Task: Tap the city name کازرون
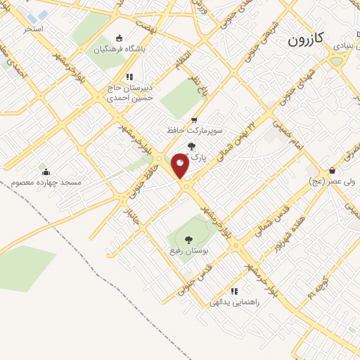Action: (x=305, y=40)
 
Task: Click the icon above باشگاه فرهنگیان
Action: (x=118, y=39)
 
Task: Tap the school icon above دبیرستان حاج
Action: (x=129, y=77)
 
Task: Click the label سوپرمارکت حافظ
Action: (x=194, y=131)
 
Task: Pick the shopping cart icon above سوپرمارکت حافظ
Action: (x=194, y=120)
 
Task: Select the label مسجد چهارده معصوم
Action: (x=46, y=183)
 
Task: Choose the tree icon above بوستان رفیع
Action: (x=187, y=240)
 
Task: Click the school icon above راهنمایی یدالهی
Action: (x=234, y=290)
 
